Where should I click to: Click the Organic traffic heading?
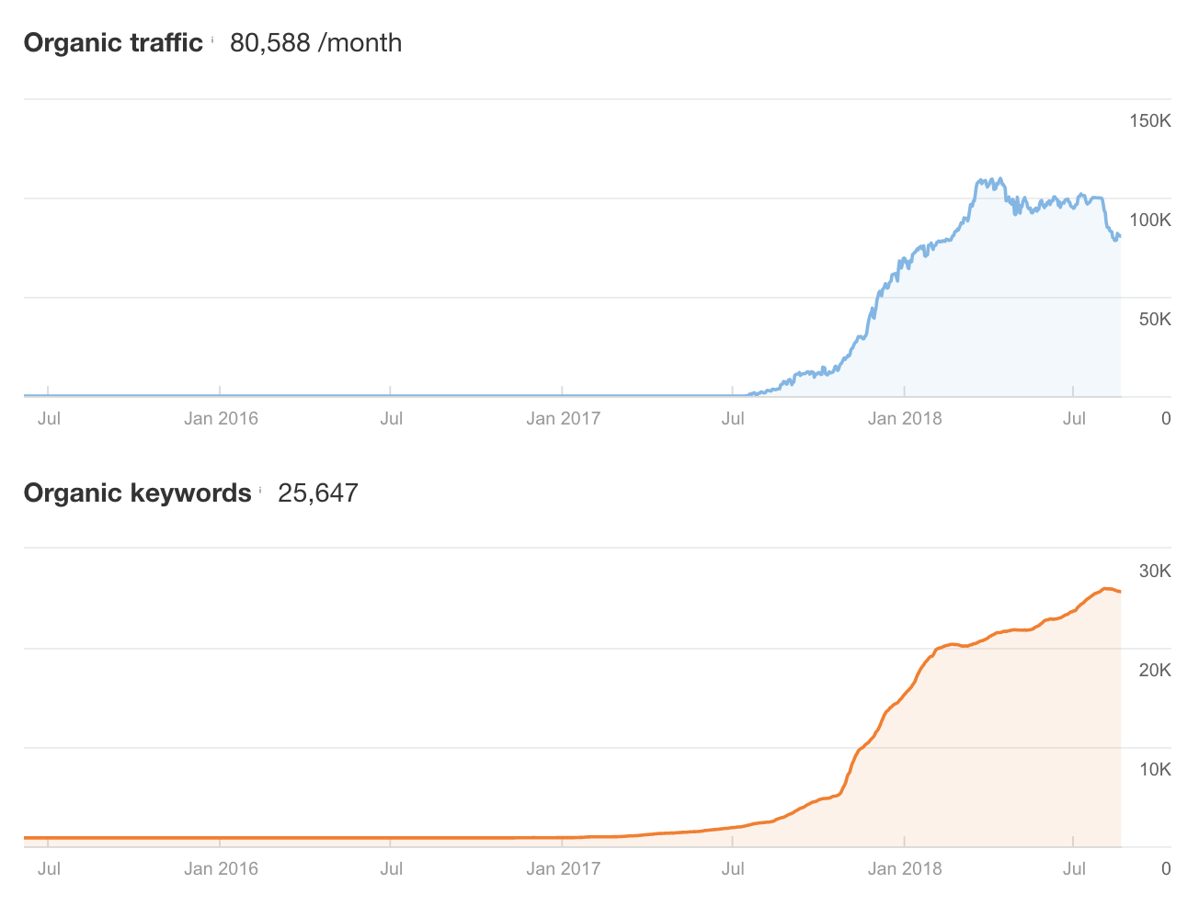pyautogui.click(x=113, y=43)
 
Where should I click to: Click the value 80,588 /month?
pyautogui.click(x=315, y=43)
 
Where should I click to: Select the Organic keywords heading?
pyautogui.click(x=137, y=493)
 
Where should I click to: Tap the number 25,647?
pyautogui.click(x=317, y=493)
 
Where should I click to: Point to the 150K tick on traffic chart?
pyautogui.click(x=1149, y=121)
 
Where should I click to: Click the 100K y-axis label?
pyautogui.click(x=1149, y=221)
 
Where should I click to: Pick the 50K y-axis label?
pyautogui.click(x=1154, y=320)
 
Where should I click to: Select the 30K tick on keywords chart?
pyautogui.click(x=1154, y=572)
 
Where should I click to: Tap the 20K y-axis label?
pyautogui.click(x=1154, y=671)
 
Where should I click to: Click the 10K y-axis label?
pyautogui.click(x=1154, y=770)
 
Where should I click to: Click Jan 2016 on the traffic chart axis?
pyautogui.click(x=221, y=419)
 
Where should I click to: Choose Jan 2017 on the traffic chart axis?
pyautogui.click(x=563, y=419)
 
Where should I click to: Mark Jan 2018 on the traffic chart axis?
pyautogui.click(x=905, y=419)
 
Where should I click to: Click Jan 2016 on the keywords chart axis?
pyautogui.click(x=221, y=869)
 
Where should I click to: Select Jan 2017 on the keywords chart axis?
pyautogui.click(x=563, y=869)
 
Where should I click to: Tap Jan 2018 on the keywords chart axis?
pyautogui.click(x=905, y=869)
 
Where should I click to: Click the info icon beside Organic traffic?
pyautogui.click(x=212, y=40)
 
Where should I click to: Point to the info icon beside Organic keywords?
pyautogui.click(x=260, y=490)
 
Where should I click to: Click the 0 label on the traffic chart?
pyautogui.click(x=1166, y=419)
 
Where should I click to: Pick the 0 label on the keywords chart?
pyautogui.click(x=1166, y=869)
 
